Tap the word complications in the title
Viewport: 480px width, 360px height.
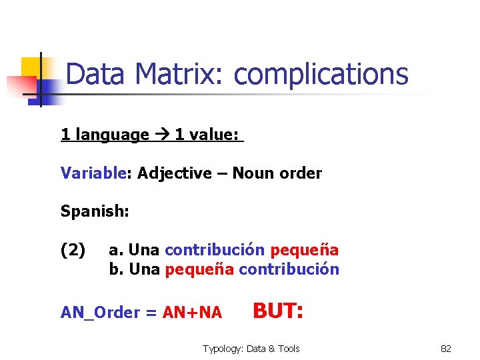coord(321,75)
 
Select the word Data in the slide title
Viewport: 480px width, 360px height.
coord(95,75)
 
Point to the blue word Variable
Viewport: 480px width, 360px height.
coord(93,173)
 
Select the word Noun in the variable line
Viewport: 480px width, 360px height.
coord(252,173)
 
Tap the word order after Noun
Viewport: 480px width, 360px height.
coord(300,173)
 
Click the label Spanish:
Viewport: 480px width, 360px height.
coord(95,212)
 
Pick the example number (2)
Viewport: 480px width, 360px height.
coord(73,250)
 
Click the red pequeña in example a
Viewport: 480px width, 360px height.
coord(304,250)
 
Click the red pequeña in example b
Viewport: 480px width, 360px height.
coord(199,269)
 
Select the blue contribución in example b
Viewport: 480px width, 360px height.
coord(289,269)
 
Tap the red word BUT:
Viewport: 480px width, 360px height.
coord(278,310)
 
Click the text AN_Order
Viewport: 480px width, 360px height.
coord(100,313)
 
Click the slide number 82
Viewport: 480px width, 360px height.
coord(446,349)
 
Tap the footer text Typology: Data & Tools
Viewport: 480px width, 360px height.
coord(251,349)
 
